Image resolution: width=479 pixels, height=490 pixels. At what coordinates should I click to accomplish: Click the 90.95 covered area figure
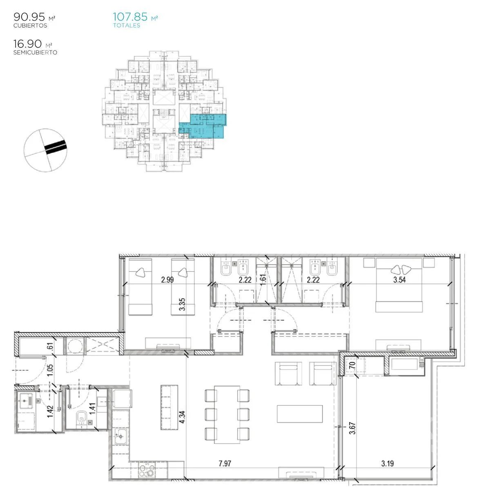pos(29,17)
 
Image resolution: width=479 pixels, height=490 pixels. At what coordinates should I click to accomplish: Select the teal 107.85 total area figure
pos(130,17)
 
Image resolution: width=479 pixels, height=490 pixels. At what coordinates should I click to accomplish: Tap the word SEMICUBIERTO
pos(35,52)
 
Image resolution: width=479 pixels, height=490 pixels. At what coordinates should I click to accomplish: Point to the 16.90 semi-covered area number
pos(27,44)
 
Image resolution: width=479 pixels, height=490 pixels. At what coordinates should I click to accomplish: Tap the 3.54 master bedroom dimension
pos(399,280)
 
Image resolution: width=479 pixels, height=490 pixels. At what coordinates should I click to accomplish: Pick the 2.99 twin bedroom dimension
pos(167,280)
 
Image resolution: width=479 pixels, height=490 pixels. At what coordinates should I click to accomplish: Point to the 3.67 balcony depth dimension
pos(352,428)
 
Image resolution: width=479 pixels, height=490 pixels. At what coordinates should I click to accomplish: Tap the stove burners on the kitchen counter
pos(147,470)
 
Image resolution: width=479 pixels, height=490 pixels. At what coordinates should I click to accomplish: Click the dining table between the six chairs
pos(227,414)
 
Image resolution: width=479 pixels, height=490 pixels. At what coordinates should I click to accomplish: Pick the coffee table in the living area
pos(300,414)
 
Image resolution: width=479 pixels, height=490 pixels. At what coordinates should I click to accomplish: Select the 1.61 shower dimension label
pos(263,280)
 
